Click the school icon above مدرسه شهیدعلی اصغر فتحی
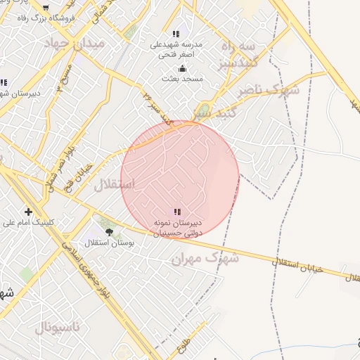tap(176, 34)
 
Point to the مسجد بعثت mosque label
tap(181, 79)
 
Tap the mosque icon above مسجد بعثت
tap(183, 68)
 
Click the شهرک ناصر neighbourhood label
tap(267, 90)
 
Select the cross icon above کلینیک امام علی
tap(28, 211)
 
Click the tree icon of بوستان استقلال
tap(108, 231)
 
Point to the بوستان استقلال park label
tap(105, 243)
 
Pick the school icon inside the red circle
tap(177, 211)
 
